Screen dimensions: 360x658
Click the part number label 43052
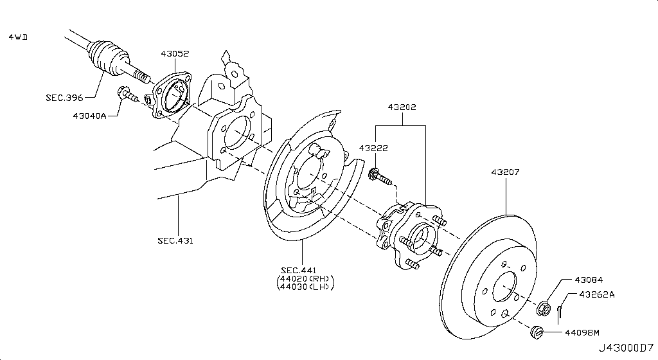point(175,54)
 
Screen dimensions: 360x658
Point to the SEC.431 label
point(175,241)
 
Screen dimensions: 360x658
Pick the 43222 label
point(373,148)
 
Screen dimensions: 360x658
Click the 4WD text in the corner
point(18,37)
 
